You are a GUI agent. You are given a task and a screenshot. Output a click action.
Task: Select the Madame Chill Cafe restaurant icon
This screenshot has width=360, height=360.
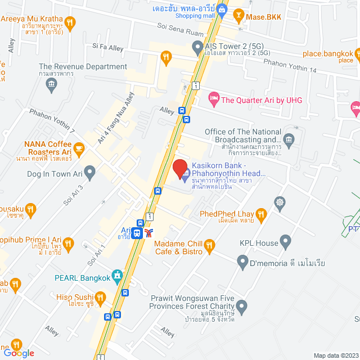210,245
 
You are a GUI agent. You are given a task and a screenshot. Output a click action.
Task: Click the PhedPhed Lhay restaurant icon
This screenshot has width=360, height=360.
260,214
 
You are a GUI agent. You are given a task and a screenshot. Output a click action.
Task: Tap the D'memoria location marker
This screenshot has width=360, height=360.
242,262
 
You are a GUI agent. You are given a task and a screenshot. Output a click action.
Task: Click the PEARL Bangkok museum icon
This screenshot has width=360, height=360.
116,277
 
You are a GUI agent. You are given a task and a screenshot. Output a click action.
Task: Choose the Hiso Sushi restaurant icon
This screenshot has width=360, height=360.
100,297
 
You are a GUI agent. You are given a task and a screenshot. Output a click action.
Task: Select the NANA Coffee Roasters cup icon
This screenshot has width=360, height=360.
79,148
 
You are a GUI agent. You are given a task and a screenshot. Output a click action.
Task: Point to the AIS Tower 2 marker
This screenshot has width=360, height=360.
197,49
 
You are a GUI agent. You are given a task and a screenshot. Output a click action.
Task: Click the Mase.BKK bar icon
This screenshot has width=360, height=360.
239,17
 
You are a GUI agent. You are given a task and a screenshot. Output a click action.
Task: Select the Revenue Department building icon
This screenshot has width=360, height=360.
52,85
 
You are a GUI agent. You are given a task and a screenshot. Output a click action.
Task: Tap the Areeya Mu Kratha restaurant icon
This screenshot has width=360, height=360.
70,22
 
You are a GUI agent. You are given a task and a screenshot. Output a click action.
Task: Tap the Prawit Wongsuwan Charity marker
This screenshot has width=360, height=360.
242,307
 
